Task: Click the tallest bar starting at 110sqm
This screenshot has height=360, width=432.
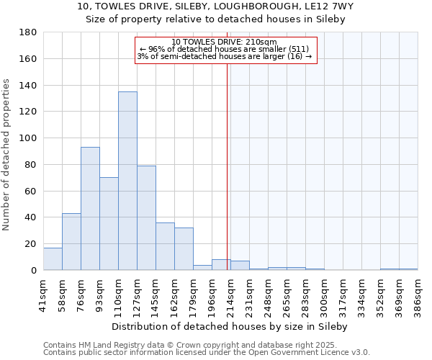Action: point(127,181)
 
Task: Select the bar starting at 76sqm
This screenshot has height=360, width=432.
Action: point(90,208)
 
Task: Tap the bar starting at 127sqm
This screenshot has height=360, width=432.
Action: point(146,217)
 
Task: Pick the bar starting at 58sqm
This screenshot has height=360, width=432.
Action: point(71,241)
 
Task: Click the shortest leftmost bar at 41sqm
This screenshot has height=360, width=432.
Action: point(53,258)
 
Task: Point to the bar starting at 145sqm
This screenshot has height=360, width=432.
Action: point(165,246)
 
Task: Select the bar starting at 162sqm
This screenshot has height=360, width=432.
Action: point(184,248)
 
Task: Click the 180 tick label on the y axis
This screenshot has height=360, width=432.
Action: point(28,32)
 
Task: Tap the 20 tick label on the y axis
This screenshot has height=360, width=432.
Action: point(31,244)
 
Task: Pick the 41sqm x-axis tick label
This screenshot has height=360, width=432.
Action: point(43,292)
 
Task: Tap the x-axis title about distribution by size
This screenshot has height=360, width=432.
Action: point(230,326)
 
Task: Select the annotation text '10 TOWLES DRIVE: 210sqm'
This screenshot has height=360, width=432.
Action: point(225,42)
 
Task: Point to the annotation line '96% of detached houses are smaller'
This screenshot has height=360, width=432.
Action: point(225,49)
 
